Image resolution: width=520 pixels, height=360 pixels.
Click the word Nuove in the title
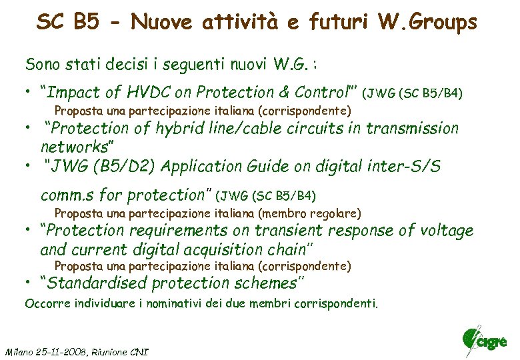pyautogui.click(x=160, y=23)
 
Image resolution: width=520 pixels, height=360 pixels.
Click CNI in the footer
pyautogui.click(x=139, y=351)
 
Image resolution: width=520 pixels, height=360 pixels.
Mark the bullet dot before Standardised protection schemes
pyautogui.click(x=29, y=280)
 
